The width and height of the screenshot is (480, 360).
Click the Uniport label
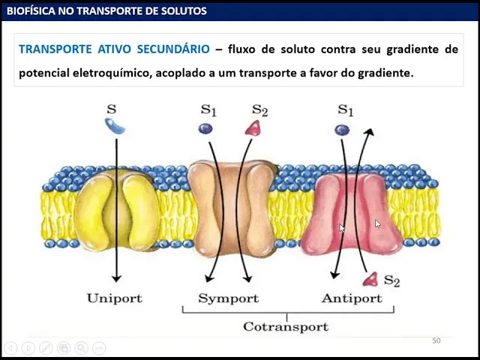[114, 298]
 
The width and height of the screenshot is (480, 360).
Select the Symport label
[228, 298]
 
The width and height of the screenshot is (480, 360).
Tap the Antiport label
[351, 298]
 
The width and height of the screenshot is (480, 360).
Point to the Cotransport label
[285, 326]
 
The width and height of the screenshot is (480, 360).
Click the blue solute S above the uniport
[115, 127]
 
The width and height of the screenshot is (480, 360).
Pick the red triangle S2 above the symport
[253, 128]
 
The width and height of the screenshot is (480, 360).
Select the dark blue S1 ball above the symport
[205, 128]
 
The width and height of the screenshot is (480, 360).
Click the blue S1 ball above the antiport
[342, 129]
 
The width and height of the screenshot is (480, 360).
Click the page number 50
[436, 341]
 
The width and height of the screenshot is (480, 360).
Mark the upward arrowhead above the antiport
[369, 133]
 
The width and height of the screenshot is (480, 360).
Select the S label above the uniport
[112, 109]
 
